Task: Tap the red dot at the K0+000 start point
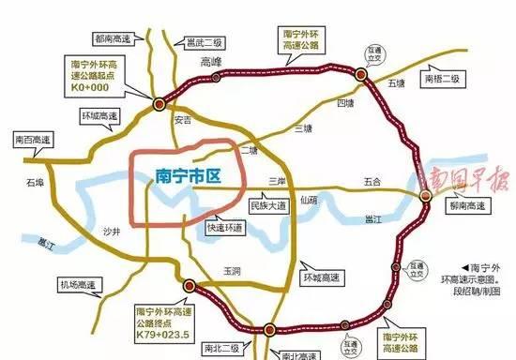[160, 103]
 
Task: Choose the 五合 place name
[373, 180]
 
